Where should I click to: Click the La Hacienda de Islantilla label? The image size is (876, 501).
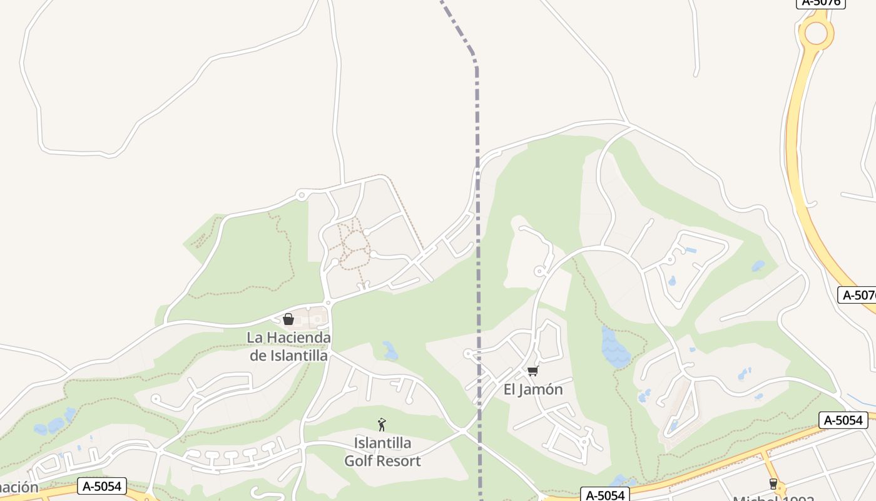pyautogui.click(x=288, y=346)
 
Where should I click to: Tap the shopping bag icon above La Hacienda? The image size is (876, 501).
pyautogui.click(x=288, y=319)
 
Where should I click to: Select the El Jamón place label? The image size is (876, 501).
pyautogui.click(x=533, y=390)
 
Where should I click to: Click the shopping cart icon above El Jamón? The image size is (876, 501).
pyautogui.click(x=533, y=371)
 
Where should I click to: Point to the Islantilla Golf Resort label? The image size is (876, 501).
pyautogui.click(x=382, y=452)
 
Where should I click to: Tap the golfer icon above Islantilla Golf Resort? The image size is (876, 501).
pyautogui.click(x=382, y=425)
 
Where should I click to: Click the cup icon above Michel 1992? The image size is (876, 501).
pyautogui.click(x=773, y=483)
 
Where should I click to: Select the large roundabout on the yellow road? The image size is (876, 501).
pyautogui.click(x=816, y=33)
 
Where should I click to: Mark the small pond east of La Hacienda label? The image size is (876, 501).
pyautogui.click(x=390, y=351)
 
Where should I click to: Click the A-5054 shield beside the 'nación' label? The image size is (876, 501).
pyautogui.click(x=103, y=485)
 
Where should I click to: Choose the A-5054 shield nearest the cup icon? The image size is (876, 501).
pyautogui.click(x=843, y=420)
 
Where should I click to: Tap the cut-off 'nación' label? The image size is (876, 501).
pyautogui.click(x=19, y=487)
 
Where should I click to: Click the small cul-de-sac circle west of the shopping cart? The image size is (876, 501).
pyautogui.click(x=467, y=354)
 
